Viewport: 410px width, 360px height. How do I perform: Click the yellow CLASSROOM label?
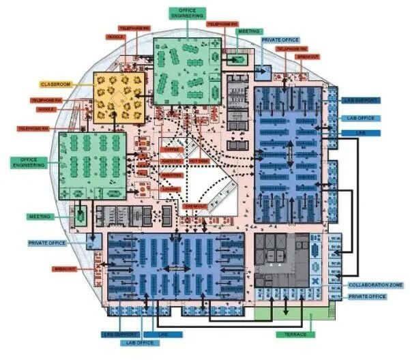point(56,84)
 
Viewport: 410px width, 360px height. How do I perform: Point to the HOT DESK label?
point(199,162)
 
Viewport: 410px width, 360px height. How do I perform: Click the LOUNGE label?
point(171,189)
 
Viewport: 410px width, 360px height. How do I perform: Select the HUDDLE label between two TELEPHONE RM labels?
point(46,109)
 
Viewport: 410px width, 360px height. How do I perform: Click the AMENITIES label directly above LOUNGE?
point(171,175)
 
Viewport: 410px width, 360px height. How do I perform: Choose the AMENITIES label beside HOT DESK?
point(171,162)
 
